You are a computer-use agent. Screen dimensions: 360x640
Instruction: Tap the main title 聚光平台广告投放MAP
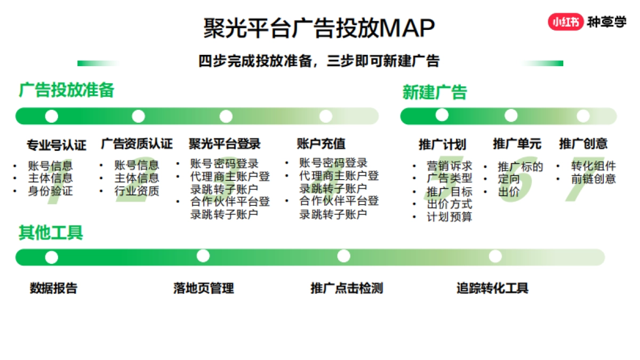pyautogui.click(x=319, y=28)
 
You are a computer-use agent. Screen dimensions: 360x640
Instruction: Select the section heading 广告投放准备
pyautogui.click(x=67, y=90)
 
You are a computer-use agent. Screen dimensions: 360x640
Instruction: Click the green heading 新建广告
pyautogui.click(x=435, y=92)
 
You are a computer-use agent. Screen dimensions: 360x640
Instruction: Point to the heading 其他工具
pyautogui.click(x=51, y=233)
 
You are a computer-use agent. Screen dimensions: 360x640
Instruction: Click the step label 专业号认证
pyautogui.click(x=57, y=145)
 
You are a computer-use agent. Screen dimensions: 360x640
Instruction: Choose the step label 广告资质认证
pyautogui.click(x=137, y=143)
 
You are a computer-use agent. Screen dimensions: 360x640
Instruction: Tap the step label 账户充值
pyautogui.click(x=321, y=143)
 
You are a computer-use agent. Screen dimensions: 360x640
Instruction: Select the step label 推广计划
pyautogui.click(x=442, y=144)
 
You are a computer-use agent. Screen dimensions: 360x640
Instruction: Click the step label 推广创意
pyautogui.click(x=583, y=143)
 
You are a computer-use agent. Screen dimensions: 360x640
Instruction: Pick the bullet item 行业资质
pyautogui.click(x=137, y=191)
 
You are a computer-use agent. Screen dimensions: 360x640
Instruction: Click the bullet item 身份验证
pyautogui.click(x=50, y=191)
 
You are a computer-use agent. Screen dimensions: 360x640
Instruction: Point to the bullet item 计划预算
pyautogui.click(x=449, y=217)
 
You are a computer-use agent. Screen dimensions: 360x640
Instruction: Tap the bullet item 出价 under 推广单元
pyautogui.click(x=508, y=192)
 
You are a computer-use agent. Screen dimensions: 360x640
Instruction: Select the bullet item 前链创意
pyautogui.click(x=593, y=179)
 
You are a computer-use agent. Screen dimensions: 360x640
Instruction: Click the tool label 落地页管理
pyautogui.click(x=204, y=289)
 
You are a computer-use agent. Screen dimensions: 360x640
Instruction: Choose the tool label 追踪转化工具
pyautogui.click(x=492, y=289)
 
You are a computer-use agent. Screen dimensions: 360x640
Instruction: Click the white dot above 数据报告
pyautogui.click(x=52, y=257)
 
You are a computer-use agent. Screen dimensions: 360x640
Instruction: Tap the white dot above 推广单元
pyautogui.click(x=511, y=115)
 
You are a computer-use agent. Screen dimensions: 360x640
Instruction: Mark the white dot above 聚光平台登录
pyautogui.click(x=226, y=116)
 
